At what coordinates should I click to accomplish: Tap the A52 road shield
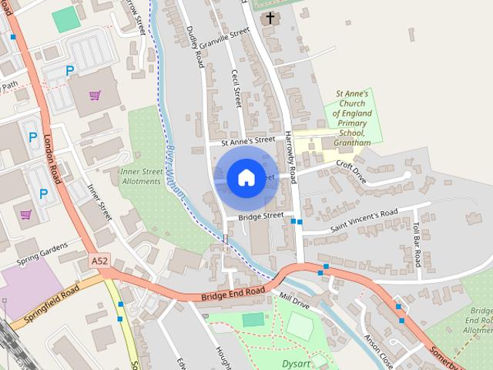pyautogui.click(x=99, y=262)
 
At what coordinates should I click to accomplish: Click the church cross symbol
pyautogui.click(x=270, y=16)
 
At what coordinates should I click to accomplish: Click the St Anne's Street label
pyautogui.click(x=247, y=140)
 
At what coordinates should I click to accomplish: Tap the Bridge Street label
pyautogui.click(x=261, y=217)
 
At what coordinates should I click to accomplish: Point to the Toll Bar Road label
pyautogui.click(x=416, y=241)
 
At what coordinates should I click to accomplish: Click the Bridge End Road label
pyautogui.click(x=233, y=293)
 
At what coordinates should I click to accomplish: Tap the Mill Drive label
pyautogui.click(x=294, y=301)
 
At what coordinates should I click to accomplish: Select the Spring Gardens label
pyautogui.click(x=45, y=256)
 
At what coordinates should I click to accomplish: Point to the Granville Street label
pyautogui.click(x=224, y=37)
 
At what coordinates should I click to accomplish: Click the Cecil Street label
pyautogui.click(x=236, y=88)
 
